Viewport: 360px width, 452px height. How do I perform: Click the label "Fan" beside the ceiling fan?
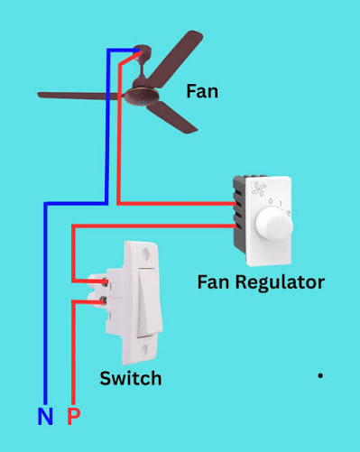point(202,90)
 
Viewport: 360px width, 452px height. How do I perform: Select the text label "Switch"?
point(131,378)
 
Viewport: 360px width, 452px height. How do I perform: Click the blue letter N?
point(44,417)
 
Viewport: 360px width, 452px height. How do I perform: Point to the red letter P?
point(73,417)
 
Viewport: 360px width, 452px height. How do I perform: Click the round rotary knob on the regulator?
point(271,226)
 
